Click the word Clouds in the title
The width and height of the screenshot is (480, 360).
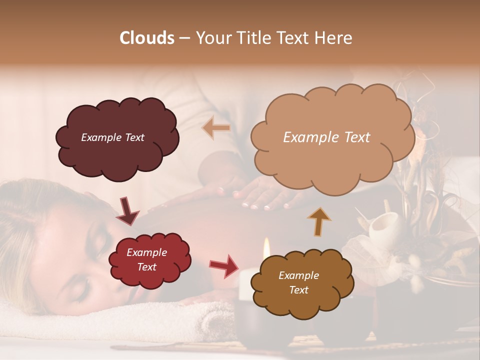(x=147, y=38)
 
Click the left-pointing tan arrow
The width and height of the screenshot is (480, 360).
(x=216, y=128)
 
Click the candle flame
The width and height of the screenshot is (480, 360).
(x=266, y=246)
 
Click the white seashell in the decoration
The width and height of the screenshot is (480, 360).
(x=385, y=225)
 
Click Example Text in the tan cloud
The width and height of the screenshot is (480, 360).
(x=326, y=137)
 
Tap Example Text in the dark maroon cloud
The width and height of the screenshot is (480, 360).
(x=112, y=137)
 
